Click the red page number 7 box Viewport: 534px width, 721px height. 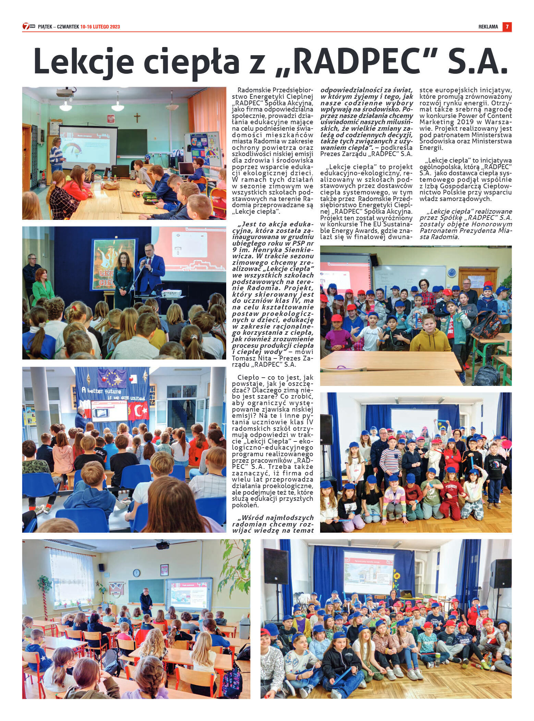(507, 27)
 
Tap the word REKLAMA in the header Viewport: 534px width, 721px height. (488, 27)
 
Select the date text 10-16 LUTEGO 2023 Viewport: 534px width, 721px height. (100, 27)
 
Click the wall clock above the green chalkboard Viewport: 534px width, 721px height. (136, 572)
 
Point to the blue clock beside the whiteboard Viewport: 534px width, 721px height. (451, 272)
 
